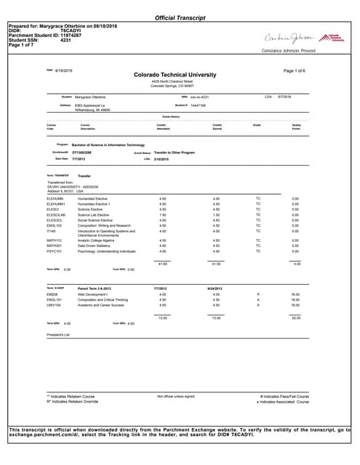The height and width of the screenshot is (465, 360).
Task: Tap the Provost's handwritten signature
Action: click(292, 37)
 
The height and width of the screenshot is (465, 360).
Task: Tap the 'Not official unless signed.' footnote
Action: click(176, 396)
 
